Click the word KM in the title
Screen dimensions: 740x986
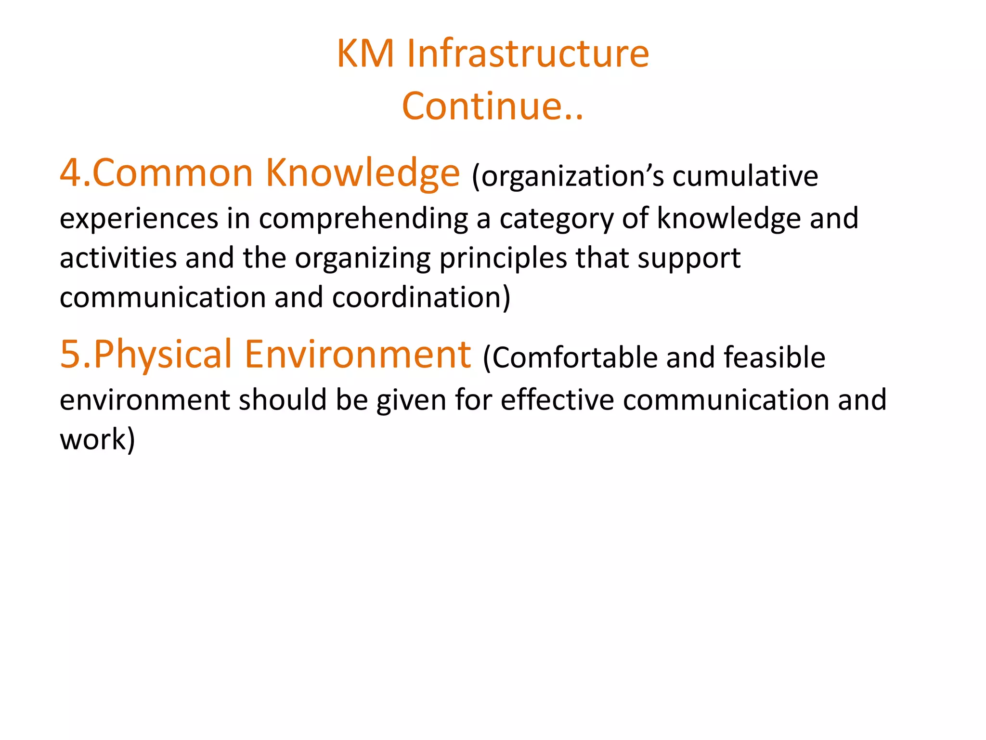(365, 53)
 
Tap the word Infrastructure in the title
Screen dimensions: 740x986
(528, 53)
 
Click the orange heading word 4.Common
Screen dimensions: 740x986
(156, 173)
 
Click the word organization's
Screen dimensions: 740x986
(568, 176)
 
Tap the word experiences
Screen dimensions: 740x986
(139, 218)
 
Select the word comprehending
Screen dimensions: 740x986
(363, 219)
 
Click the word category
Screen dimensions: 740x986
(557, 219)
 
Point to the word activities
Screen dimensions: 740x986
(118, 258)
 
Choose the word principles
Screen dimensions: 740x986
(503, 259)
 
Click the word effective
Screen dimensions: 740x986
(557, 400)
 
